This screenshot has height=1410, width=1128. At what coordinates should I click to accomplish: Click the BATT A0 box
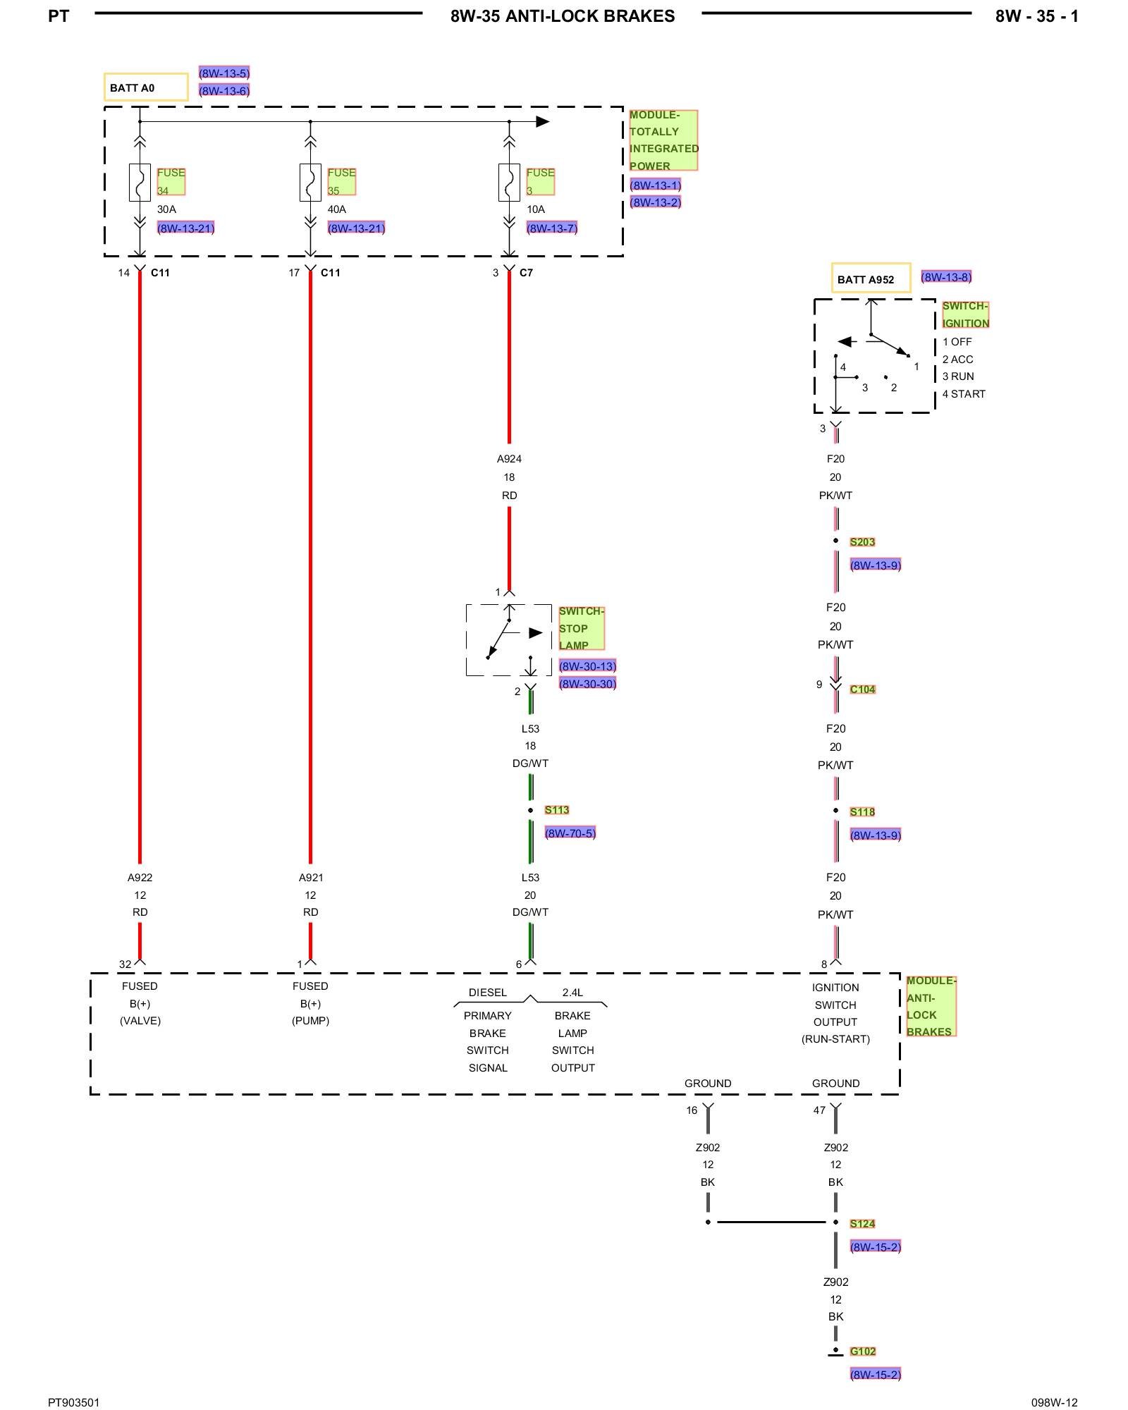[146, 87]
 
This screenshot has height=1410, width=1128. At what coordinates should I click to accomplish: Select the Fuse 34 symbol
[140, 183]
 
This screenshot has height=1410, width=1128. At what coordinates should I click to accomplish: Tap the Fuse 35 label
[341, 181]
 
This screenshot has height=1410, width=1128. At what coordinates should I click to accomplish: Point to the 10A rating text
[536, 209]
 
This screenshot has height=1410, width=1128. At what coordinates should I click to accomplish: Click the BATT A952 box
[871, 278]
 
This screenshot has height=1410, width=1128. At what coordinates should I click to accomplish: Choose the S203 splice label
[862, 542]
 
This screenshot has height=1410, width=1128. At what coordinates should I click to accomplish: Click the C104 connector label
[862, 689]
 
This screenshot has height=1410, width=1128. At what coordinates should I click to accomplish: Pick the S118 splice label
[862, 812]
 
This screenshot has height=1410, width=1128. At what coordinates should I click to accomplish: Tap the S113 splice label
[556, 810]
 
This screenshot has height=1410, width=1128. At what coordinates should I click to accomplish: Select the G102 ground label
[862, 1351]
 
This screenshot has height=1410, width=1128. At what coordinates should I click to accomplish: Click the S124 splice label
[862, 1224]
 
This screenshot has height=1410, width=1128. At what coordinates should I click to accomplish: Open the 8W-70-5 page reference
[570, 833]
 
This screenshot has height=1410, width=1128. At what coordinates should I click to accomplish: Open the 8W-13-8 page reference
[946, 277]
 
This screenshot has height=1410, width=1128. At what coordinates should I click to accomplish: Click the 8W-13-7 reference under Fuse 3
[552, 228]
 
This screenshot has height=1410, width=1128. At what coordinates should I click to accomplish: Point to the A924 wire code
[509, 459]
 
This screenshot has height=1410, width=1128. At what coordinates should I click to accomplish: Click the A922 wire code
[140, 878]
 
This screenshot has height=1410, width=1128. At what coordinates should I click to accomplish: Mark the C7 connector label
[526, 273]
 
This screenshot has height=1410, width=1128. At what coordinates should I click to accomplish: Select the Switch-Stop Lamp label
[581, 628]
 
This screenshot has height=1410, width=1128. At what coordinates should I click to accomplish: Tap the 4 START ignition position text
[964, 394]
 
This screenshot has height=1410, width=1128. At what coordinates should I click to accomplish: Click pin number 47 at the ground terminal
[819, 1110]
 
